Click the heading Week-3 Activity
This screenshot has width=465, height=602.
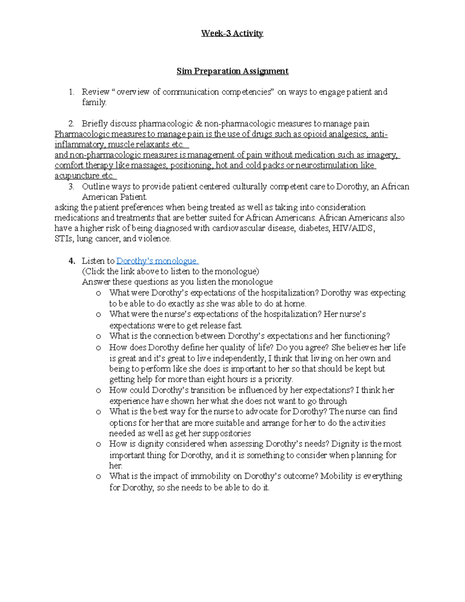click(x=232, y=33)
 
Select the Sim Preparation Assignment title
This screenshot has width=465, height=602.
click(x=232, y=71)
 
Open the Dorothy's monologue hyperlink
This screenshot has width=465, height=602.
click(x=157, y=261)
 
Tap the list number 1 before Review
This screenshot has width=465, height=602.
click(x=71, y=92)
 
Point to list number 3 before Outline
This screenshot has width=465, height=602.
click(x=71, y=187)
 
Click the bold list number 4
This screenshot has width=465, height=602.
click(x=71, y=261)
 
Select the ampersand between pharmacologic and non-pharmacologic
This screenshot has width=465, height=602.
click(x=198, y=124)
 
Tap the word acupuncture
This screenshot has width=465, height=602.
click(x=77, y=176)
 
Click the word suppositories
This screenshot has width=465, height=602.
click(x=227, y=433)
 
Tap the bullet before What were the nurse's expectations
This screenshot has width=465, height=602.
click(x=98, y=314)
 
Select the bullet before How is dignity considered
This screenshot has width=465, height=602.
click(x=98, y=444)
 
